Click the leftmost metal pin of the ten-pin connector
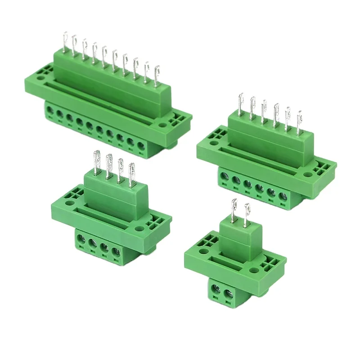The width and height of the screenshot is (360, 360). coord(65,43)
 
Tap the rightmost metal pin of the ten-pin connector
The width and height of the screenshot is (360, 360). coord(157,76)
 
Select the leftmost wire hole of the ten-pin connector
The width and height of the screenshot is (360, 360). coord(50,111)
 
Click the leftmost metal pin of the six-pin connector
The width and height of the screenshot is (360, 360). coord(241,103)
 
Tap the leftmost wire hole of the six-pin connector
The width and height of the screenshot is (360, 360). coord(224,177)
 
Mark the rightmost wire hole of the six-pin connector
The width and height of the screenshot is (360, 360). coord(283,197)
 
